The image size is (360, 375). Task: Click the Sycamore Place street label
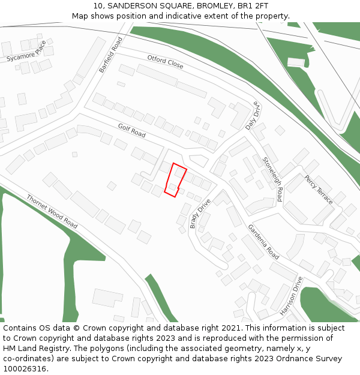(x=26, y=52)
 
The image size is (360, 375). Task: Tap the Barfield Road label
(x=111, y=55)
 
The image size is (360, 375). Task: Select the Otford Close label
(x=165, y=61)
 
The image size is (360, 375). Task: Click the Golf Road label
(x=131, y=130)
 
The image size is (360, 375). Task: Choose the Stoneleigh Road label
(x=273, y=179)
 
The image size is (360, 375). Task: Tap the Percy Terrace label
(x=318, y=190)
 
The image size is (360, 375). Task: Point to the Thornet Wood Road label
(x=52, y=211)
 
